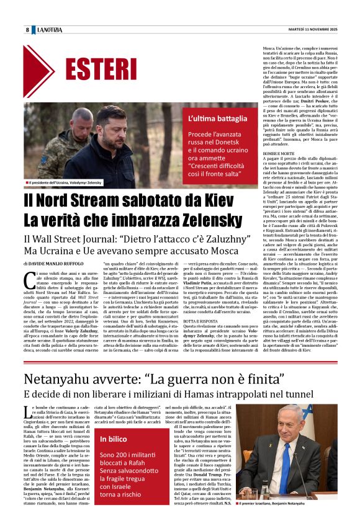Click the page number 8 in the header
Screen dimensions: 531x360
click(x=27, y=30)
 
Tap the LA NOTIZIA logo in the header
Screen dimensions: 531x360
click(x=49, y=30)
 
